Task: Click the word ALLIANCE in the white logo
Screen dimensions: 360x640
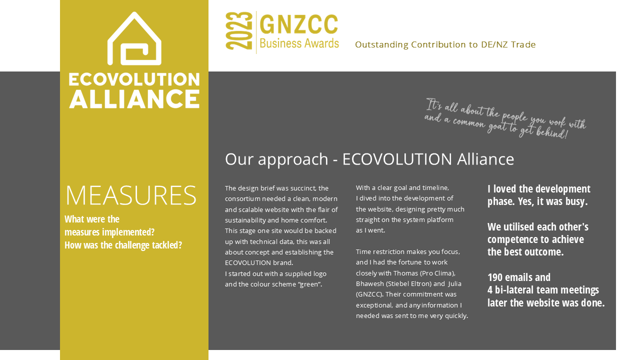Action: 134,98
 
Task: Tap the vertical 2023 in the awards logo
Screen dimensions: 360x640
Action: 239,31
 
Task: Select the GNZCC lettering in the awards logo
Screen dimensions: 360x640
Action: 299,25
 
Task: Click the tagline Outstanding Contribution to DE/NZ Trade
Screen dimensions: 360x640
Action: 445,45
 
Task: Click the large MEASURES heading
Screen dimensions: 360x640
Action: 131,195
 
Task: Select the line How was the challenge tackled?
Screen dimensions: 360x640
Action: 123,245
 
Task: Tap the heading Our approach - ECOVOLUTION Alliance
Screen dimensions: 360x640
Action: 369,159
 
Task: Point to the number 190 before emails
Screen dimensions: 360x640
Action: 495,277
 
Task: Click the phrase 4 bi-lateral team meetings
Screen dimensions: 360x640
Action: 543,290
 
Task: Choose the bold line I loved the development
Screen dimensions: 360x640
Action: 538,189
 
